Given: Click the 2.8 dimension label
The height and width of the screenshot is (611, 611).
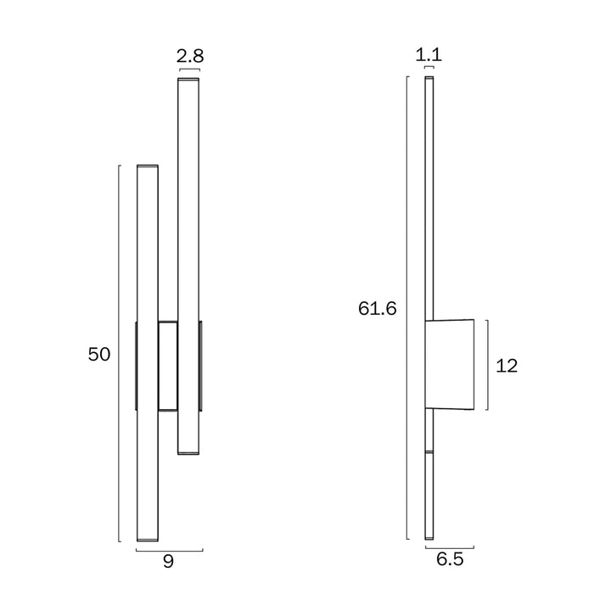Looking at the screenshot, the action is click(x=190, y=56).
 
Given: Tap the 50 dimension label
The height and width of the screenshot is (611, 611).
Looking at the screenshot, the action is click(x=99, y=354).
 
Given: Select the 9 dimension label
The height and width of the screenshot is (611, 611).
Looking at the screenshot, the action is click(x=168, y=562).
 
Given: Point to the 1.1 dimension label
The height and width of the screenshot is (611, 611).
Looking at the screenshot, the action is click(x=429, y=54).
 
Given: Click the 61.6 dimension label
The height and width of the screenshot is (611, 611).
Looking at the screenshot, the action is click(x=377, y=309).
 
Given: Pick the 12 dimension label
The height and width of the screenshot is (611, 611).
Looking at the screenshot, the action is click(x=507, y=366).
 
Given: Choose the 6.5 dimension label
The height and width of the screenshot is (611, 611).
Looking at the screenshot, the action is click(x=450, y=559).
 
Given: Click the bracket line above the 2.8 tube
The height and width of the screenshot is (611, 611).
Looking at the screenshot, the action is click(x=189, y=69).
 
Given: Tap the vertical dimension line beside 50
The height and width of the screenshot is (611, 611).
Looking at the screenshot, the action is click(x=119, y=353).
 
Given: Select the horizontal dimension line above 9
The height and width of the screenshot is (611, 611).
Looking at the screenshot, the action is click(x=170, y=551).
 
